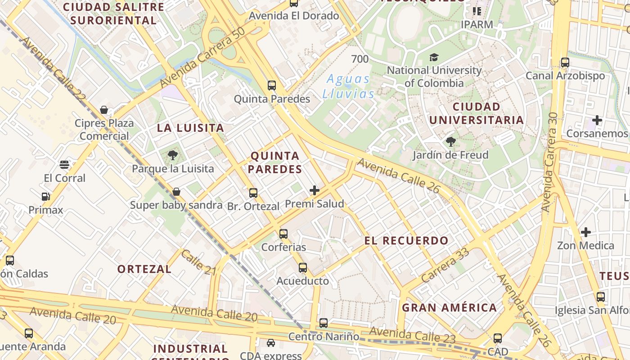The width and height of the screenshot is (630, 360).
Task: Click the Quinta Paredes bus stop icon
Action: coord(271,85)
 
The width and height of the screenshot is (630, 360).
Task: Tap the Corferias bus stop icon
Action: coord(283,234)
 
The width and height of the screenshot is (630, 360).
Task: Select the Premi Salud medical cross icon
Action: coord(315,190)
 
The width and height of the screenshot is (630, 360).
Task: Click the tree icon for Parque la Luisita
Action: coord(172,156)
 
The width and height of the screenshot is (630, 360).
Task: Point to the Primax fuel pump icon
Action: coord(45,197)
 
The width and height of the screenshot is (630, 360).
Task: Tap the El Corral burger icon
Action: coord(64,164)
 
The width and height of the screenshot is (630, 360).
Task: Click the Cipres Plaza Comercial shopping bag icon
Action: coord(104,110)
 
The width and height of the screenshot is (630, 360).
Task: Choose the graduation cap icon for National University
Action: coord(434,57)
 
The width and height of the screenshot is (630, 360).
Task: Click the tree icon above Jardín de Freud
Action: coord(450,142)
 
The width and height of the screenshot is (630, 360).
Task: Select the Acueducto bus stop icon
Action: coord(303,268)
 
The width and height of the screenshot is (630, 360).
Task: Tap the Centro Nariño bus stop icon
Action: coord(324,323)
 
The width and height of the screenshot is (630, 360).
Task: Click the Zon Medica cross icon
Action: coord(585,232)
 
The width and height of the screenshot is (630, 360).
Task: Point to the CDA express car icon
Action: coord(271,343)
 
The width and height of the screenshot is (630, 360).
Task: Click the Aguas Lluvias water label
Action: coord(348,86)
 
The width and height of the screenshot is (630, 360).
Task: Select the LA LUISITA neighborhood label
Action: coord(190,128)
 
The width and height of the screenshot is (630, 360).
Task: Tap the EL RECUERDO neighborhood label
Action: coord(406,240)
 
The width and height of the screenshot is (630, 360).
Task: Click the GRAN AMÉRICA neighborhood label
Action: coord(449,308)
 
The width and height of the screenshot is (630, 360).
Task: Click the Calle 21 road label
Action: coord(198,262)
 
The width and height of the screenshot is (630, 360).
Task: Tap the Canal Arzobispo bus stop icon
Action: coord(565,63)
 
